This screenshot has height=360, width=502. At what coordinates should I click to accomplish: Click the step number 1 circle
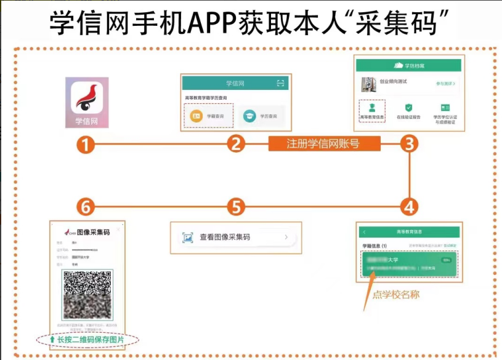[86, 145]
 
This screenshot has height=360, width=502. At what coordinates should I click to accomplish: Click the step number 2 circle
[235, 145]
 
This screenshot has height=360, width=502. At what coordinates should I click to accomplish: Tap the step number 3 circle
[409, 145]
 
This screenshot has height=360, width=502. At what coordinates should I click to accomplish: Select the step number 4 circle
[409, 206]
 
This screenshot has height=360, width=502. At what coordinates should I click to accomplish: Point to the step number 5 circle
[235, 206]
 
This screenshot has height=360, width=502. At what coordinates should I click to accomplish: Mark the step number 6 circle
[86, 206]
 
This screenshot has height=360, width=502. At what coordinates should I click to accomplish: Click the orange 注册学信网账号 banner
[324, 145]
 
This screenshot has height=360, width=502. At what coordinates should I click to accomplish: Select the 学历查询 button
[260, 116]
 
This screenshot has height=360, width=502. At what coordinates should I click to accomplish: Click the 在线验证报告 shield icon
[408, 108]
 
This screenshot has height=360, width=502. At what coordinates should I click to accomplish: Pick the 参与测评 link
[445, 83]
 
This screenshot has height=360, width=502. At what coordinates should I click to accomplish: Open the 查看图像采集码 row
[236, 237]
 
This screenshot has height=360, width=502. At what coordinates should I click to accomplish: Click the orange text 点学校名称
[396, 294]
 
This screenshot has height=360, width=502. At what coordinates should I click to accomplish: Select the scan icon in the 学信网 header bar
[281, 82]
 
